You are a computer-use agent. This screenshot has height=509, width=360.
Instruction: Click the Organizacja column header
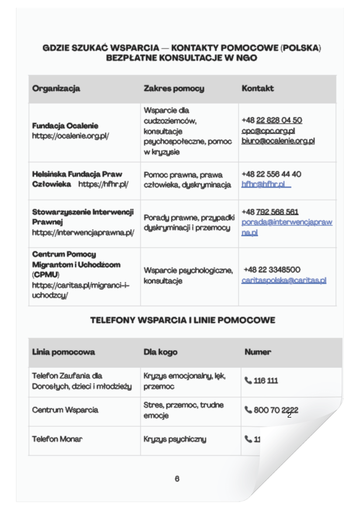click(x=56, y=89)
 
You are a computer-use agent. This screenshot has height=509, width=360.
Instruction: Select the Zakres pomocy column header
click(x=174, y=89)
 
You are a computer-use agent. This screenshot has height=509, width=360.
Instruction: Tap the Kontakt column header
click(x=258, y=89)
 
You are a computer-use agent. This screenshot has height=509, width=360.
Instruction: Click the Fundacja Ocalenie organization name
click(x=65, y=126)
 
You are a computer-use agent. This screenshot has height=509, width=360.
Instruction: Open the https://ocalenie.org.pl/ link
click(x=70, y=136)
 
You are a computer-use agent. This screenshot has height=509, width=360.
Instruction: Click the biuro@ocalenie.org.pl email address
click(x=278, y=141)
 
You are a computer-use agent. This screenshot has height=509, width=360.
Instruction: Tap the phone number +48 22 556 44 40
click(x=271, y=174)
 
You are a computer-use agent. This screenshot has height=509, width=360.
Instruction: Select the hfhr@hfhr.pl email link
click(x=263, y=184)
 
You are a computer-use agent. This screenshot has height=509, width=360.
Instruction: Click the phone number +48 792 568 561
click(x=270, y=212)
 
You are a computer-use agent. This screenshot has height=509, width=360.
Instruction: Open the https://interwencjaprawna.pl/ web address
click(x=83, y=232)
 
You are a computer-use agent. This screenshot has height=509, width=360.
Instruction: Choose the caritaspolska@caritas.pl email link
click(x=284, y=280)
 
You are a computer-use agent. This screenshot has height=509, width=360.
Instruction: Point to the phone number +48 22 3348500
click(x=272, y=270)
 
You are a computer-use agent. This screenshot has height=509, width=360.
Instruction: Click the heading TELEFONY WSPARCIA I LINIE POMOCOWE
click(x=183, y=320)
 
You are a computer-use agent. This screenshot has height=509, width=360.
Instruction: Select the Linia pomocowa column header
click(x=63, y=352)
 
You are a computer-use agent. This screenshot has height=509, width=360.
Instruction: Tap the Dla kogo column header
click(x=160, y=352)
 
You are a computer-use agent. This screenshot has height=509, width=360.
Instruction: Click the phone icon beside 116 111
click(x=248, y=381)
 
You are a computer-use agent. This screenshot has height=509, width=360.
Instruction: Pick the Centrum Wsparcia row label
click(x=65, y=410)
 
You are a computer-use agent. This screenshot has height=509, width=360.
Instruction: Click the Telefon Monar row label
click(x=57, y=439)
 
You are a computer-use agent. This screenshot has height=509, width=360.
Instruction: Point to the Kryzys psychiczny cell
click(x=175, y=439)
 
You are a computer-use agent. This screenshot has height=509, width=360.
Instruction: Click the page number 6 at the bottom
click(x=177, y=479)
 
